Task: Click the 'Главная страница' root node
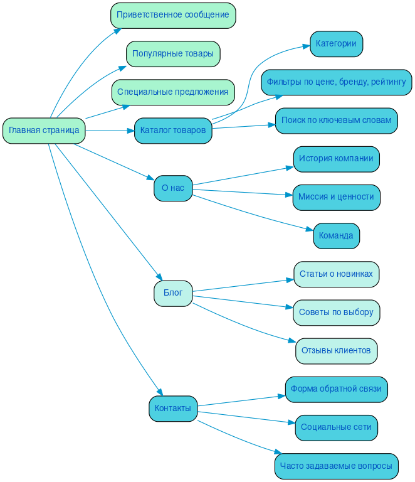pyautogui.click(x=44, y=131)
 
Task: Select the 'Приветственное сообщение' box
pyautogui.click(x=173, y=15)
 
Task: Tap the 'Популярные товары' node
pyautogui.click(x=173, y=54)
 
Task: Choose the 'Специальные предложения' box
pyautogui.click(x=173, y=92)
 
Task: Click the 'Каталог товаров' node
pyautogui.click(x=173, y=131)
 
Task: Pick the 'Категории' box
pyautogui.click(x=336, y=44)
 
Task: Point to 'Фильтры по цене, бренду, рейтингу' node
pyautogui.click(x=336, y=82)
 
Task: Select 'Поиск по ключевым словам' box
pyautogui.click(x=336, y=120)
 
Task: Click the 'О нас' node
pyautogui.click(x=173, y=188)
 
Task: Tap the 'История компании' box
pyautogui.click(x=336, y=159)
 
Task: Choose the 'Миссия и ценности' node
pyautogui.click(x=336, y=197)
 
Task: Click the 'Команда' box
pyautogui.click(x=336, y=236)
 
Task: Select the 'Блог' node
pyautogui.click(x=173, y=293)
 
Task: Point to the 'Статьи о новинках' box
pyautogui.click(x=336, y=274)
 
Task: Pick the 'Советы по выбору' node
pyautogui.click(x=336, y=313)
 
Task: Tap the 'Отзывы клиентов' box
pyautogui.click(x=336, y=351)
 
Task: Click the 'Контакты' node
pyautogui.click(x=173, y=409)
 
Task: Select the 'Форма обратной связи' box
pyautogui.click(x=336, y=389)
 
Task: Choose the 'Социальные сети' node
pyautogui.click(x=336, y=427)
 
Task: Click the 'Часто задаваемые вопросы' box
pyautogui.click(x=336, y=466)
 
